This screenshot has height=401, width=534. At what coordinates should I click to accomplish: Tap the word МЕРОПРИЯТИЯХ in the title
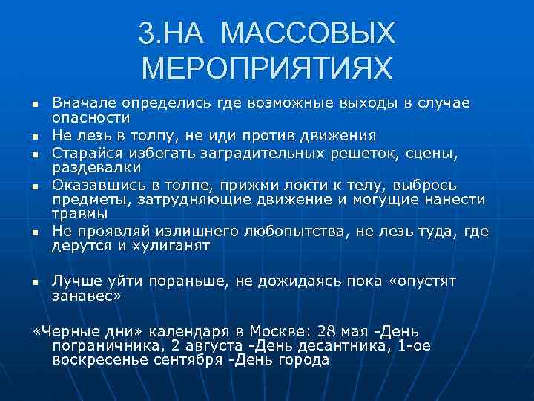point(266,69)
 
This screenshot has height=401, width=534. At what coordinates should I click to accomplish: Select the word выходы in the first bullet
point(367,102)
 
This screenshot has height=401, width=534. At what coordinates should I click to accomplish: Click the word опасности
point(91,117)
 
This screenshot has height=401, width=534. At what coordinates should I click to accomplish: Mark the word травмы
point(77,215)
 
